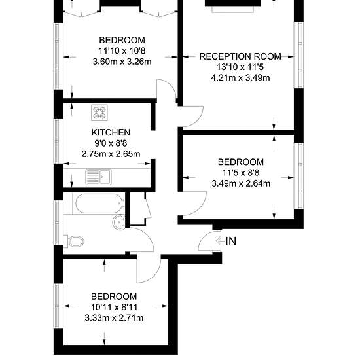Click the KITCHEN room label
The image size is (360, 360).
(111, 132)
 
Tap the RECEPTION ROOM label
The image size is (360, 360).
(240, 56)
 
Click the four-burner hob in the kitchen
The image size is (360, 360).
(99, 113)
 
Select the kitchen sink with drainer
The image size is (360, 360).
(98, 177)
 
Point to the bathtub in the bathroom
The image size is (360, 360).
(99, 204)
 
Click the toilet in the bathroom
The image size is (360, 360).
(74, 242)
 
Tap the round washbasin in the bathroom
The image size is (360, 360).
(118, 223)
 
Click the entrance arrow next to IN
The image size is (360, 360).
(220, 241)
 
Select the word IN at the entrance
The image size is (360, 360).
(231, 241)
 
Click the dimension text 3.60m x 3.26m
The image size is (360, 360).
(122, 62)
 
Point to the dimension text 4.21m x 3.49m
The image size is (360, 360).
(240, 78)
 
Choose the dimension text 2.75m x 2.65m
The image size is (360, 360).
(111, 154)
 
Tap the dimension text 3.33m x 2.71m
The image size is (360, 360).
(114, 318)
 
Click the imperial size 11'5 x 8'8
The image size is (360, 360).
(241, 173)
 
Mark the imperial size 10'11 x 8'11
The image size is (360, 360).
(114, 307)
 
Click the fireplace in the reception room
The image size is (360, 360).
(233, 6)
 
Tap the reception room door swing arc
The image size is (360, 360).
(198, 119)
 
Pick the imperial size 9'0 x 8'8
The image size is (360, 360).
(111, 143)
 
